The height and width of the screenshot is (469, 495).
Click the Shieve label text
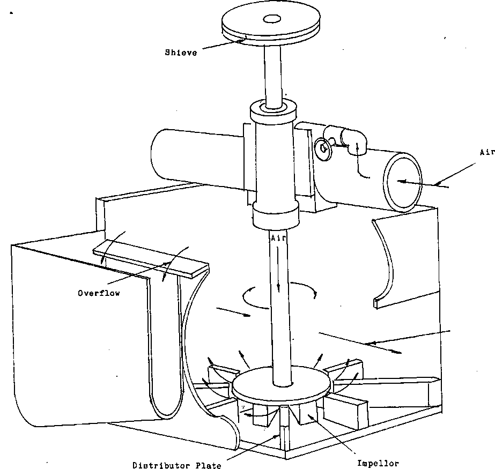[x=181, y=53]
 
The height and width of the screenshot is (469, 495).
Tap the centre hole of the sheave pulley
[x=272, y=19]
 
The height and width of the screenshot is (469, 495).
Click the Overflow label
[x=98, y=293]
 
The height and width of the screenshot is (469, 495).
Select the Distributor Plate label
[x=176, y=465]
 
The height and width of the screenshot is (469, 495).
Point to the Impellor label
[x=378, y=464]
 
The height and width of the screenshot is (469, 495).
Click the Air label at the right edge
[x=486, y=152]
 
